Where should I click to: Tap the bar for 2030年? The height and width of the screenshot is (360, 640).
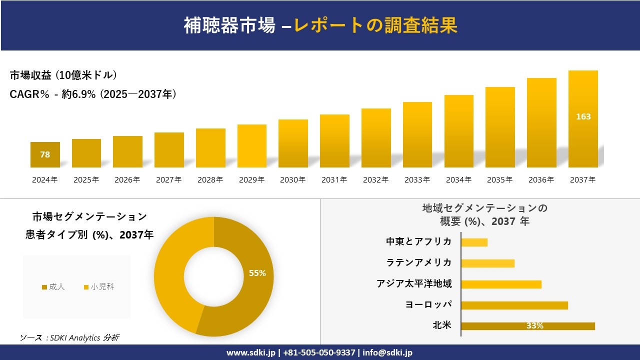(x=293, y=144)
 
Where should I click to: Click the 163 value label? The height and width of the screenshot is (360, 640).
(x=583, y=116)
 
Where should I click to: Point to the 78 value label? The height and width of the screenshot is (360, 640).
(x=45, y=154)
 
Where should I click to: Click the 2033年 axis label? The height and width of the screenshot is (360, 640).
(x=417, y=180)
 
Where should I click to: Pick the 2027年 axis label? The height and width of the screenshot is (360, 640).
(x=168, y=180)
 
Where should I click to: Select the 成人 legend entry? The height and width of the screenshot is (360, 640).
(x=53, y=287)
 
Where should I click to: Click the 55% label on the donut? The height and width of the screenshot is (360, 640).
(x=257, y=273)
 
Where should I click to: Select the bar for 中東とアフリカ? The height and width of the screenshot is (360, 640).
(x=474, y=242)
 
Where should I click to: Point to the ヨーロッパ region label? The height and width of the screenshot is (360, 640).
(x=428, y=304)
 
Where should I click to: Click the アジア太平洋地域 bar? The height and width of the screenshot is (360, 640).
(x=501, y=284)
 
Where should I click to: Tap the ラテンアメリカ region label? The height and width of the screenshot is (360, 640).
(x=418, y=262)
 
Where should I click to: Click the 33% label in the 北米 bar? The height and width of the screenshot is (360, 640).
(x=534, y=326)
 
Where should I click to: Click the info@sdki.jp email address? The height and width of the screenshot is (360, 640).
(x=387, y=352)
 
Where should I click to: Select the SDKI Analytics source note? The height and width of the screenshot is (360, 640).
(x=69, y=338)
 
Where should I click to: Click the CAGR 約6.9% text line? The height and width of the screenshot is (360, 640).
(x=93, y=94)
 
